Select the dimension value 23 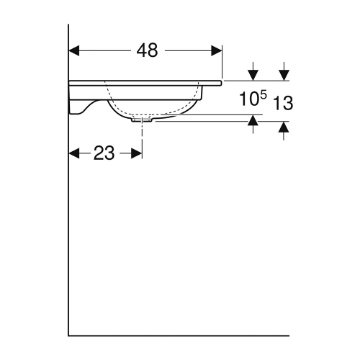pos(104,153)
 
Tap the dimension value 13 pos(284,103)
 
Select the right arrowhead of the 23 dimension pos(138,153)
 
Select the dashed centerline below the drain pos(143,140)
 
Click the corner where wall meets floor pos(68,335)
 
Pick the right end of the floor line pos(287,335)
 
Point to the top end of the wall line pos(68,25)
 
